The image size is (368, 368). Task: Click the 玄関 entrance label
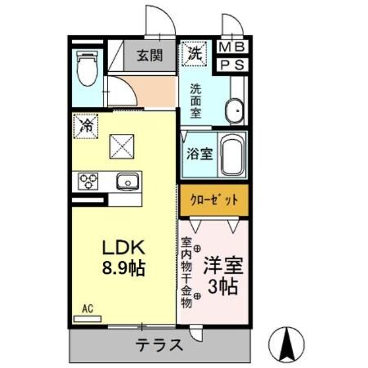click(150, 56)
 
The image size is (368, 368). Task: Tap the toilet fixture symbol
click(86, 68)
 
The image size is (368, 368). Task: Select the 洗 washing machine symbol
click(195, 53)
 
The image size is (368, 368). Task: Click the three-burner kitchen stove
click(88, 181)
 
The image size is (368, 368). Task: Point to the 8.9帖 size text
click(123, 267)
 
